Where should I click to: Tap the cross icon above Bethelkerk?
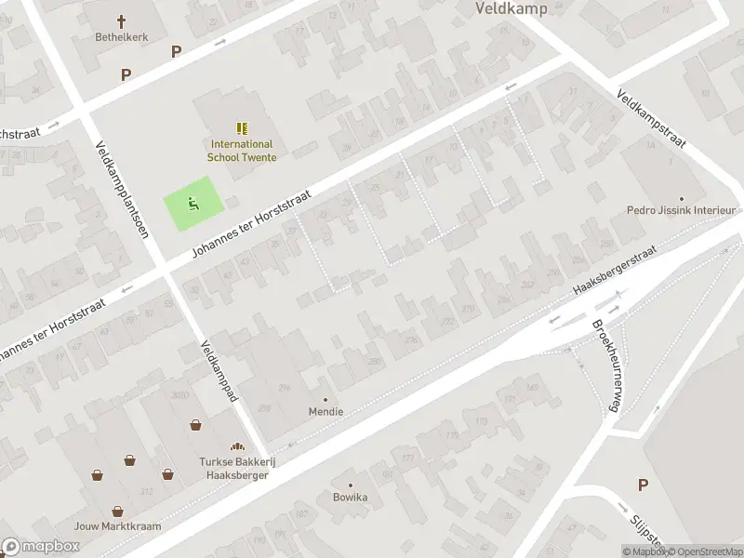[x=121, y=20]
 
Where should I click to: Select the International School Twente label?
[x=242, y=151]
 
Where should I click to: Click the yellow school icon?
[x=242, y=128]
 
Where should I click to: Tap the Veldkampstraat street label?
[x=651, y=120]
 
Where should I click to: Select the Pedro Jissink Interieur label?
[x=681, y=211]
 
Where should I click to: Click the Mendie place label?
[x=325, y=411]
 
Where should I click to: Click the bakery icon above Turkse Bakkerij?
[x=237, y=446]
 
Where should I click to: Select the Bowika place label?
[x=351, y=497]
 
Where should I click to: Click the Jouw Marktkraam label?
[x=118, y=526]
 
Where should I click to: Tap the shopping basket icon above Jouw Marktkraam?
[x=118, y=510]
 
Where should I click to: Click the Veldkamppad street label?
[x=219, y=371]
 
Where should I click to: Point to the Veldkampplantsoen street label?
[x=122, y=189]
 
